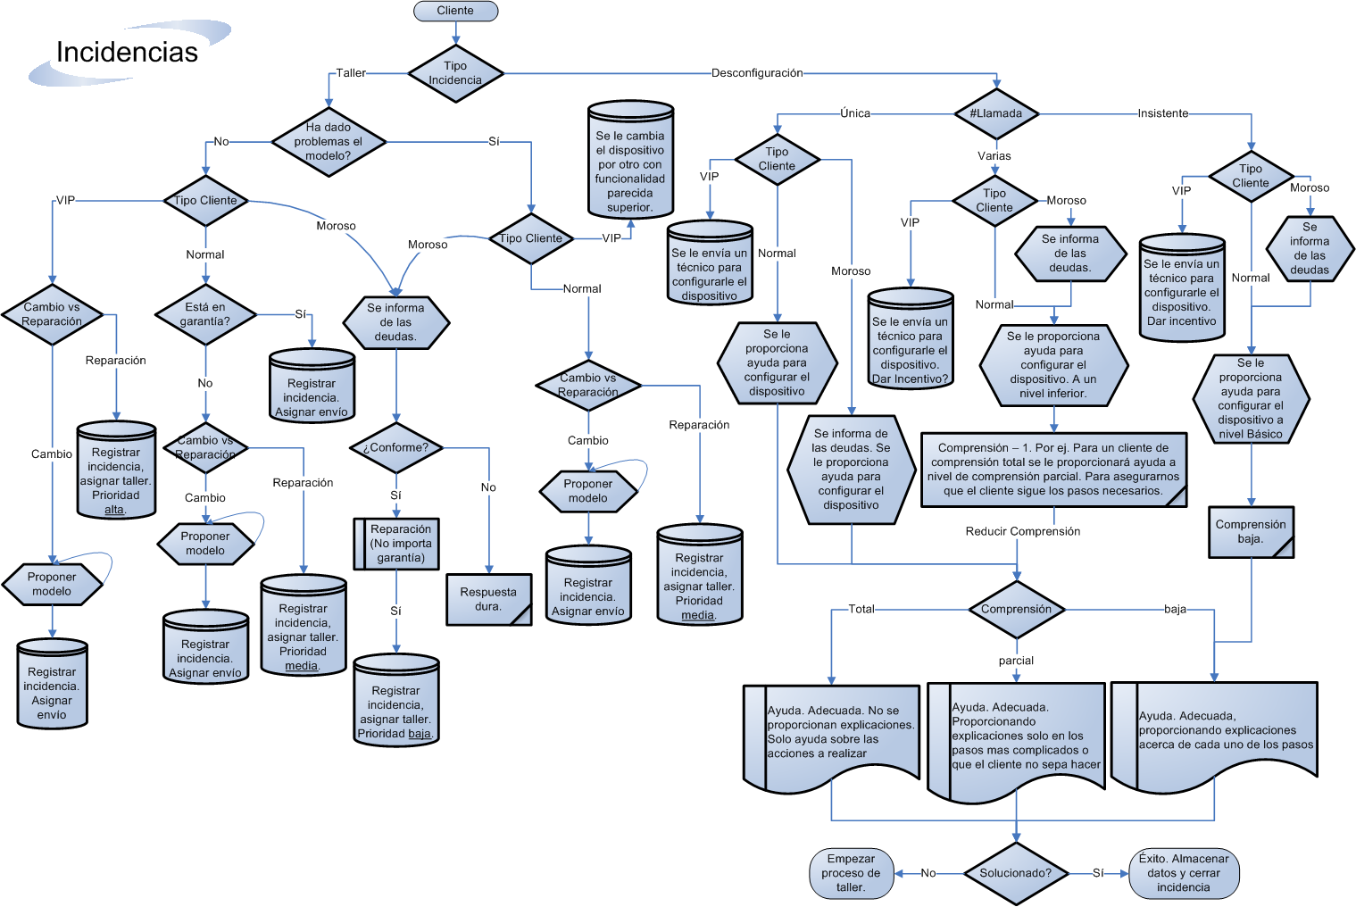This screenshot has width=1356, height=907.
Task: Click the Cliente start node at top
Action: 455,11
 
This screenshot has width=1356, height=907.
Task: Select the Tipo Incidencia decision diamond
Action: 455,73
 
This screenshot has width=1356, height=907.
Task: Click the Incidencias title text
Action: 127,53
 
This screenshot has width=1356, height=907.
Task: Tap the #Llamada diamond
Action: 996,113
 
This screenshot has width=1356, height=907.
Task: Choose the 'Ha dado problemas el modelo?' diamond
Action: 329,141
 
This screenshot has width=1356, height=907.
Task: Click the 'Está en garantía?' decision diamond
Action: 206,314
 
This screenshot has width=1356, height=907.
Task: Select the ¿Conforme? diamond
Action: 396,448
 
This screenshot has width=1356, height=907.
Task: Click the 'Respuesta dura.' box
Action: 488,599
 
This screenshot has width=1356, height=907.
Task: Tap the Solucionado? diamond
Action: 1016,873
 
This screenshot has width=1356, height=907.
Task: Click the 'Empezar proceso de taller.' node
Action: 851,873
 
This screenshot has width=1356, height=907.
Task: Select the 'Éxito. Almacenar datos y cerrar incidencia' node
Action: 1184,873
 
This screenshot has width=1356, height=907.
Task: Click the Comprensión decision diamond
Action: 1016,610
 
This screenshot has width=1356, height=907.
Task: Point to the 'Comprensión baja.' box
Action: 1251,532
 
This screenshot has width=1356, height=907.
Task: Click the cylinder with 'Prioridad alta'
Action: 116,470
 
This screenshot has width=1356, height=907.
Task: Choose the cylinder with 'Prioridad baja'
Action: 395,702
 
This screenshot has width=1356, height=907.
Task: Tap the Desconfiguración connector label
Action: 757,73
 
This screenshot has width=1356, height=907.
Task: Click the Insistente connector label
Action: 1162,113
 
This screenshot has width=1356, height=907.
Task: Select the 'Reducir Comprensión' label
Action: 1022,531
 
